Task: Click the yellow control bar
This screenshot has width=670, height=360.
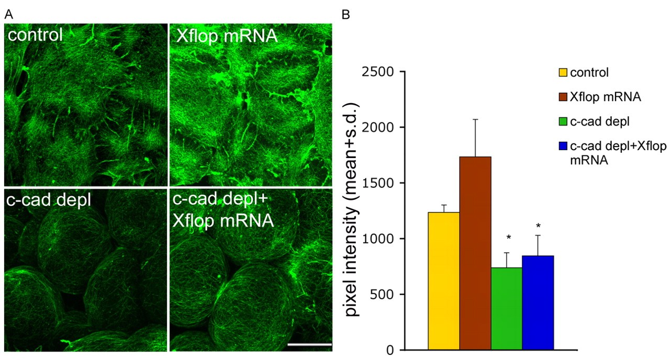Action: pyautogui.click(x=444, y=280)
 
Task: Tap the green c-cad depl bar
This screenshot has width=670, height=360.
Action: pyautogui.click(x=507, y=308)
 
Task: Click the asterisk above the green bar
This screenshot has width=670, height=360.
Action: pyautogui.click(x=508, y=238)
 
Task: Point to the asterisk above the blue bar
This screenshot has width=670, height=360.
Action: pyautogui.click(x=539, y=226)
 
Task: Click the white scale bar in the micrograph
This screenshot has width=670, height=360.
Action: pyautogui.click(x=309, y=344)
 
